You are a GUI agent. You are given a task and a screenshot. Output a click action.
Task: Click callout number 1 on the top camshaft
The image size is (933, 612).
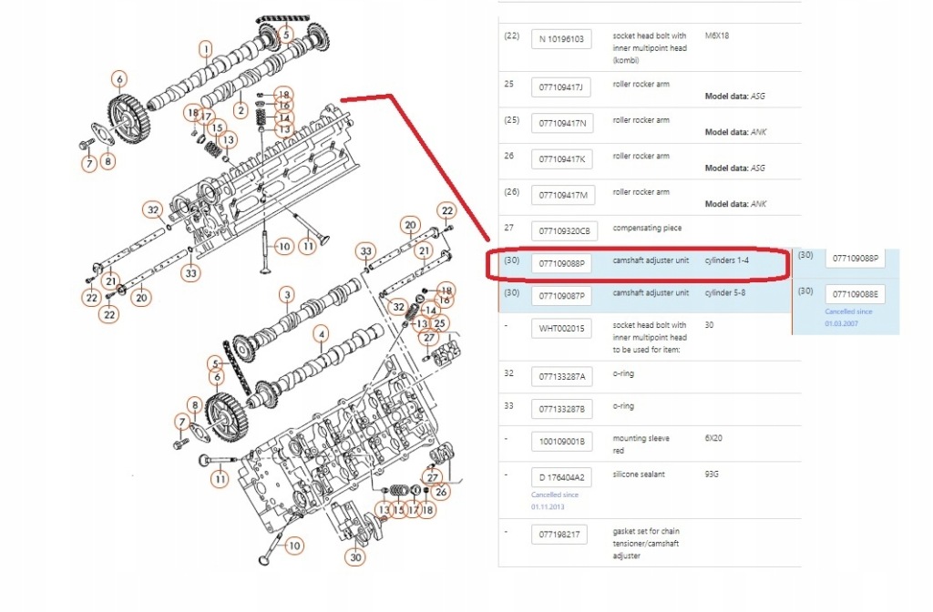(x=206, y=48)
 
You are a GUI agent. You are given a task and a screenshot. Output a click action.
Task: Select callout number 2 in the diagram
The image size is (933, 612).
(x=241, y=110)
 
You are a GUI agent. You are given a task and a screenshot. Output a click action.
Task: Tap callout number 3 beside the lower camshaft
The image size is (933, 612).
(x=286, y=294)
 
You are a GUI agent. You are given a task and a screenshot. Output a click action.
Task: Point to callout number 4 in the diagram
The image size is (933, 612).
(x=321, y=334)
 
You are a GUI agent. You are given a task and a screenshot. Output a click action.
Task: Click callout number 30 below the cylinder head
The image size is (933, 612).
(x=355, y=557)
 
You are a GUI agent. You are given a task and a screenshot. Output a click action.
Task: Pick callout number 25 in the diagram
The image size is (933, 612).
(x=440, y=323)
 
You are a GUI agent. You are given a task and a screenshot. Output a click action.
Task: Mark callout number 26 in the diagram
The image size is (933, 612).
(x=442, y=493)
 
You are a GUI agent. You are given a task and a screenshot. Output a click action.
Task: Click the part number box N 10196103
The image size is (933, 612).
(x=560, y=39)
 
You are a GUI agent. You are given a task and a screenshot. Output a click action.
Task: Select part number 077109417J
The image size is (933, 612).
(x=560, y=87)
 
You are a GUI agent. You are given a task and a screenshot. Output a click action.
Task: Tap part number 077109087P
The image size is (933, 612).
(x=560, y=296)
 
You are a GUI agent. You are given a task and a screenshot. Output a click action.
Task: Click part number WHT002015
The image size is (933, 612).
(x=560, y=328)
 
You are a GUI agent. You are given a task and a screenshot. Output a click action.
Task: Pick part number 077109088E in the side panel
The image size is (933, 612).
(x=854, y=293)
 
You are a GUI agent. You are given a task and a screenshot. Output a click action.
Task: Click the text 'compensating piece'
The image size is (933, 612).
(x=646, y=228)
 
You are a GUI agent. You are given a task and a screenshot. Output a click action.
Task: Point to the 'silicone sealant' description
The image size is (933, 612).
(x=641, y=474)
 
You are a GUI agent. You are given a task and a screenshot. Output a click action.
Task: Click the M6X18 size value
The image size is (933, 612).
(x=718, y=36)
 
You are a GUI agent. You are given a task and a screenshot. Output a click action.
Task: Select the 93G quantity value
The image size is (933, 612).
(x=713, y=474)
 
